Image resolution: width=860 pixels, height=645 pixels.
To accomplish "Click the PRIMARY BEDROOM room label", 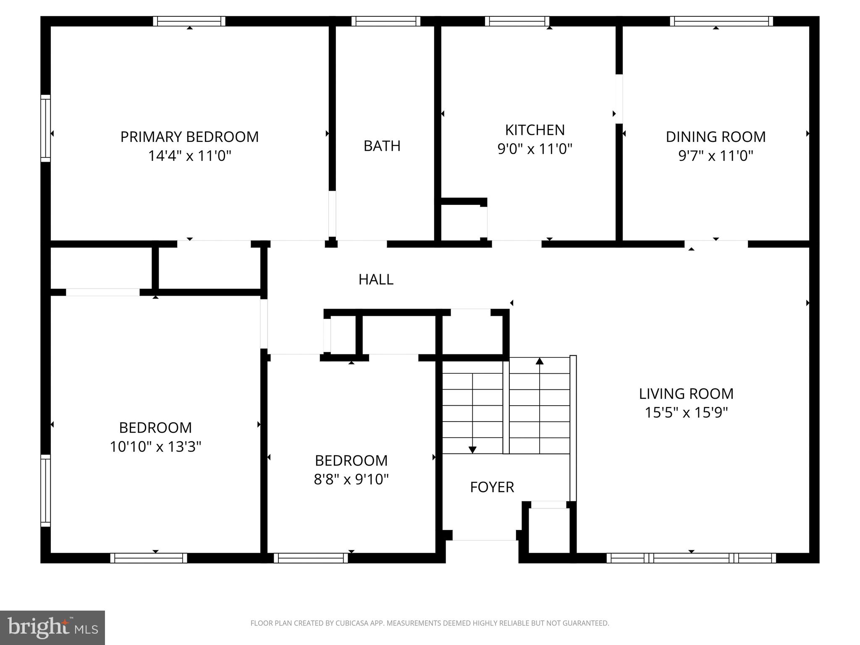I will point(189,137).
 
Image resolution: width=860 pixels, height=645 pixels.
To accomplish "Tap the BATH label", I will point(382,146).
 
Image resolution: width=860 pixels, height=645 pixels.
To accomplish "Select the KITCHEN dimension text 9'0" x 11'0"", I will point(535,149).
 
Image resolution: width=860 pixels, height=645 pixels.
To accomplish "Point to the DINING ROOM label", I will point(716,137).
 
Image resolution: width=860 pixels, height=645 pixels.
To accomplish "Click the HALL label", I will point(376,280).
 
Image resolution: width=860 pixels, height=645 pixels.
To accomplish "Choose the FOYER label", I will point(492,487).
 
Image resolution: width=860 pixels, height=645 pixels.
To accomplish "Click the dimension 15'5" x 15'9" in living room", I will point(686,413).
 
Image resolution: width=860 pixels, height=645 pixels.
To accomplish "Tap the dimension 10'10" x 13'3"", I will point(155,447).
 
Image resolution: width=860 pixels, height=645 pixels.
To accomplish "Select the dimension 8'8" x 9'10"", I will point(351,479).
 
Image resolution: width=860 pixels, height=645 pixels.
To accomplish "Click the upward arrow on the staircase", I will point(540,361).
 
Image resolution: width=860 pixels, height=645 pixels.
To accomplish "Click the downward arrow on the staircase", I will point(472,450).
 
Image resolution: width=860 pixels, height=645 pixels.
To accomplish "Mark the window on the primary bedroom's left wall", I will point(45,128).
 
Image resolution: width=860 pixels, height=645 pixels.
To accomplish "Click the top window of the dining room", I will point(721,21).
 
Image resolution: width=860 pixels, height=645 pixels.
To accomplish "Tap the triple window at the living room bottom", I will point(691,558).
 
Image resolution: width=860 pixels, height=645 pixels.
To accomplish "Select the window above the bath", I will point(385,21).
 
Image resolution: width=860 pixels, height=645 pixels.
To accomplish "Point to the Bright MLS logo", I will point(52,627).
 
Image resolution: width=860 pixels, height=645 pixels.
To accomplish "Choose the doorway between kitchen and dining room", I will point(619,99).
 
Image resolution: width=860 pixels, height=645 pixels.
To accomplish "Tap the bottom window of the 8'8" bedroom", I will point(311,558).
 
